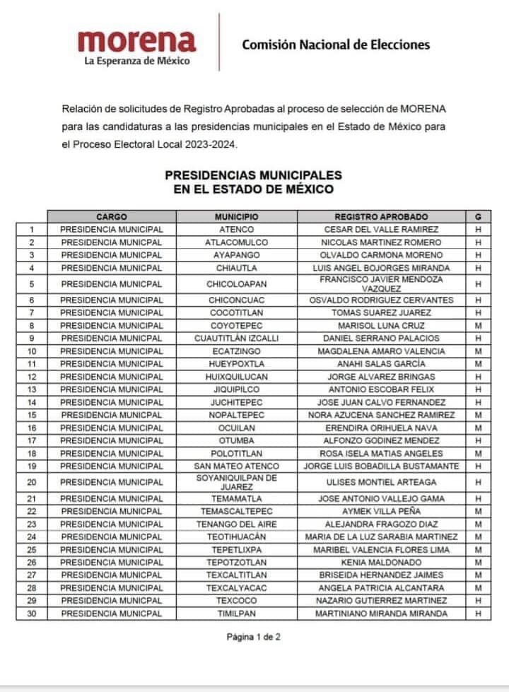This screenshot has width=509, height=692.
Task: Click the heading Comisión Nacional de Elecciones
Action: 336,45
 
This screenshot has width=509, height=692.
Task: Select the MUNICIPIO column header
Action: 237,216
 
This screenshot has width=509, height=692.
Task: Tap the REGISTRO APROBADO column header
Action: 381,216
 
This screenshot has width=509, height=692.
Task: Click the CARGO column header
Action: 112,216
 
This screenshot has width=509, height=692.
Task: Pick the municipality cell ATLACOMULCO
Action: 237,242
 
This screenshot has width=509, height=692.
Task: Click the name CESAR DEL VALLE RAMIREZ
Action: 381,230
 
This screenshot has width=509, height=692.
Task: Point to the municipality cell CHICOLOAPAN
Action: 237,284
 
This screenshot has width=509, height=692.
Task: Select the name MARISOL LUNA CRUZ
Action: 381,326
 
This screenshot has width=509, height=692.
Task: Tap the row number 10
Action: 32,351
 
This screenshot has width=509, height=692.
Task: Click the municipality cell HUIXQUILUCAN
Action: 237,377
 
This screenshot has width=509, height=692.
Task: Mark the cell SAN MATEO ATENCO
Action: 237,467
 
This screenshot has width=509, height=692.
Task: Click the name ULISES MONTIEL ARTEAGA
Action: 381,482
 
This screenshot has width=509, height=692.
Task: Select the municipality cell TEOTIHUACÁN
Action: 237,536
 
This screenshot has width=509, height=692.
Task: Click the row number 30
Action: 32,614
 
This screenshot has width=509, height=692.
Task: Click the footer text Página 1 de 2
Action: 254,637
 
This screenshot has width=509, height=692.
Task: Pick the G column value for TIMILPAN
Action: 478,614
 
